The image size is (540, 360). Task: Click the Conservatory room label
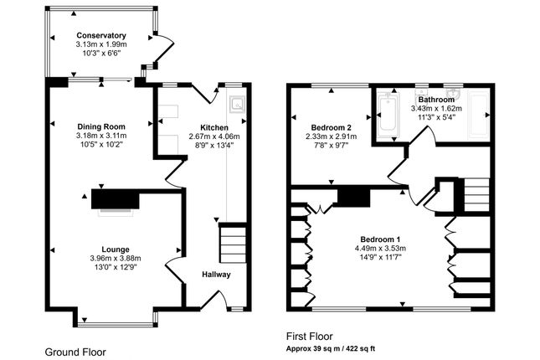(x=101, y=35)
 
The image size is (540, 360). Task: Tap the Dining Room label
(x=101, y=126)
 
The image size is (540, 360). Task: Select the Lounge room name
(x=116, y=249)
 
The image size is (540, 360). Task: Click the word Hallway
(x=216, y=275)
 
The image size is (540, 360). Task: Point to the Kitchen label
(x=214, y=127)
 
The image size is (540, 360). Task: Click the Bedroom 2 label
(x=331, y=127)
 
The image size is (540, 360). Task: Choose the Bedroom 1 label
(x=380, y=239)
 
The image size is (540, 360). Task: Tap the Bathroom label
(x=436, y=100)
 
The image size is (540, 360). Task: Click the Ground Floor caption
(x=75, y=352)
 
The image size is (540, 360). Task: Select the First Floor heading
(x=310, y=337)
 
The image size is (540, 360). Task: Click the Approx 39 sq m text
(x=313, y=348)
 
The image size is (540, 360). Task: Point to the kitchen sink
(x=237, y=103)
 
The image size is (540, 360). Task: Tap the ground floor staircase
(x=233, y=244)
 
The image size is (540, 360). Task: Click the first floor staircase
(x=476, y=194)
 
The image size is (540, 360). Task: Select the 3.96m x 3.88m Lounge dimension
(x=116, y=258)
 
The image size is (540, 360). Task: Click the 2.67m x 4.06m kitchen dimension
(x=214, y=136)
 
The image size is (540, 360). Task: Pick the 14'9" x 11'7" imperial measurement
(x=380, y=257)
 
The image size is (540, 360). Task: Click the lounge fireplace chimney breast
(x=116, y=199)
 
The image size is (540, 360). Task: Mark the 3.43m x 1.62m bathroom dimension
(x=436, y=109)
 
